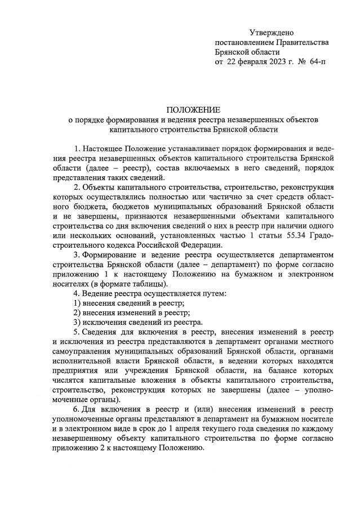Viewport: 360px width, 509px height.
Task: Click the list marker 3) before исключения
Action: tap(78, 322)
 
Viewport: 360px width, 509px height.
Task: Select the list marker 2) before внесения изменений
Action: tap(78, 312)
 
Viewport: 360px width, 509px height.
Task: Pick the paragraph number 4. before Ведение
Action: tap(77, 293)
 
